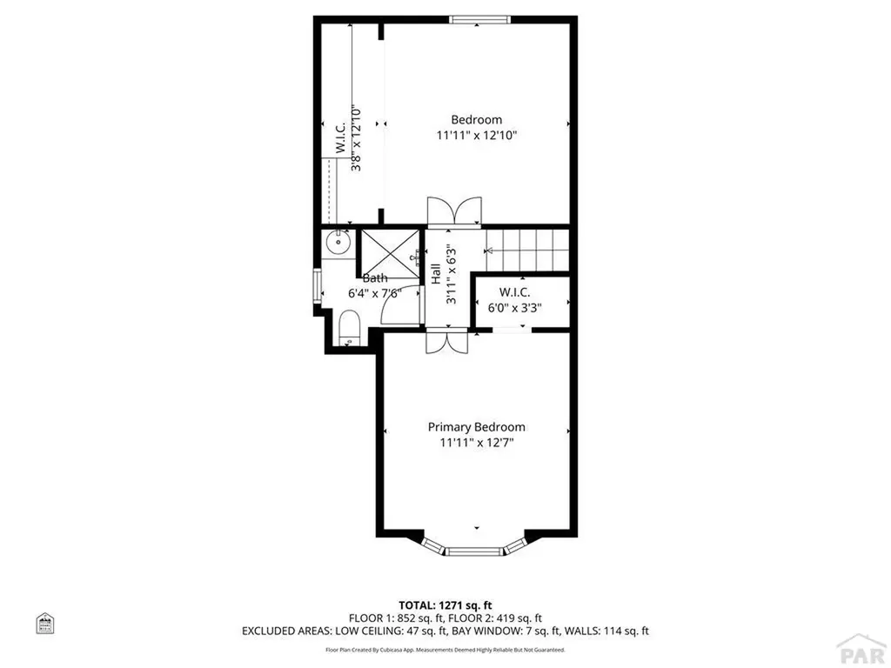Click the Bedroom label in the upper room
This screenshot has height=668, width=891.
click(476, 119)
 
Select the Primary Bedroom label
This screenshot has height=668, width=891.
click(476, 427)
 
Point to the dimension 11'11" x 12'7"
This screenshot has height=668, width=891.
click(476, 443)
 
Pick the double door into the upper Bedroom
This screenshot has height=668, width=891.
click(453, 211)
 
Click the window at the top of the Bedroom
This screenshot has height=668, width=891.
click(475, 19)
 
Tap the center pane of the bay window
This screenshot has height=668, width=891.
click(476, 551)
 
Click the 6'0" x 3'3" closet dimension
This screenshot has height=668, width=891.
click(520, 307)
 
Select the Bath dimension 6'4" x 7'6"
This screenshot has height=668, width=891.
click(374, 293)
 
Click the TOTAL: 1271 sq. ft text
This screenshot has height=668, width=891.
click(445, 605)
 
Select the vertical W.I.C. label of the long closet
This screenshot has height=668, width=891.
click(340, 139)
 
